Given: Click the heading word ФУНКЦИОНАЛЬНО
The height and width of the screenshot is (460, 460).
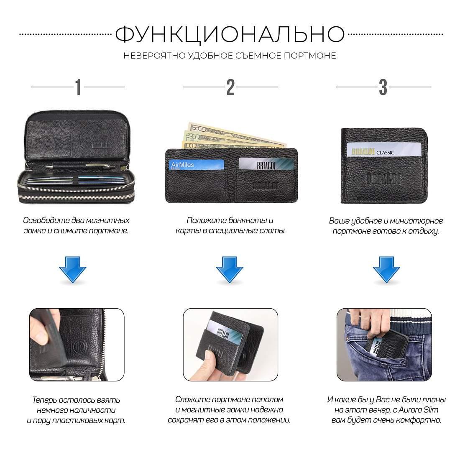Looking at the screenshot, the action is point(230,35).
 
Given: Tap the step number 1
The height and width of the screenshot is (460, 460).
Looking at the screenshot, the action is point(78,87).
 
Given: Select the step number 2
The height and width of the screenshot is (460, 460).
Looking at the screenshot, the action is point(230,87).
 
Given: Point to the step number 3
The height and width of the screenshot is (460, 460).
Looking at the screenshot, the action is point(383,87).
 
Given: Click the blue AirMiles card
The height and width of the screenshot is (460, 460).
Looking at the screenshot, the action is point(196,165).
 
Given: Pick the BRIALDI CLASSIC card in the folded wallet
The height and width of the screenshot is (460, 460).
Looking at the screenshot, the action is point(384,150).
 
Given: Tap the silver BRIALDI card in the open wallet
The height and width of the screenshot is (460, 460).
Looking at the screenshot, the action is point(266,164).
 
